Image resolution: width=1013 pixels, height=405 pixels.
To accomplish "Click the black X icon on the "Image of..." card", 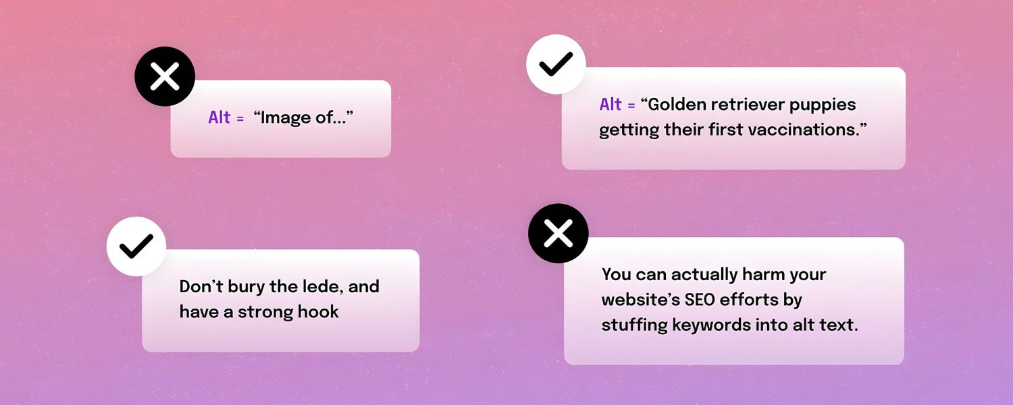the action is coord(165,76).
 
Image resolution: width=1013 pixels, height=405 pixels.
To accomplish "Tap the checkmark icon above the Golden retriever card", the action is coord(556,64).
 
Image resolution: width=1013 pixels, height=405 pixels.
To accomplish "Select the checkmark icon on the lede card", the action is coord(136,246).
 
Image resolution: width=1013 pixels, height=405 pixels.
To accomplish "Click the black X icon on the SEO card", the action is coord(558,234).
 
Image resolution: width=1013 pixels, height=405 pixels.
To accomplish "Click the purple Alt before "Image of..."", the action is coord(219,117).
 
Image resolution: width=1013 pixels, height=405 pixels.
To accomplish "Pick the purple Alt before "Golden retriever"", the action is coord(611,105).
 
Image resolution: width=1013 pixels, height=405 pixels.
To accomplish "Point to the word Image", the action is coord(286,118).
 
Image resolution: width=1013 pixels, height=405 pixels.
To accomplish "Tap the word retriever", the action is coord(748,105).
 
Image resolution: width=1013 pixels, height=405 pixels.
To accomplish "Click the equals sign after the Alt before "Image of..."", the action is coord(240,119).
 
